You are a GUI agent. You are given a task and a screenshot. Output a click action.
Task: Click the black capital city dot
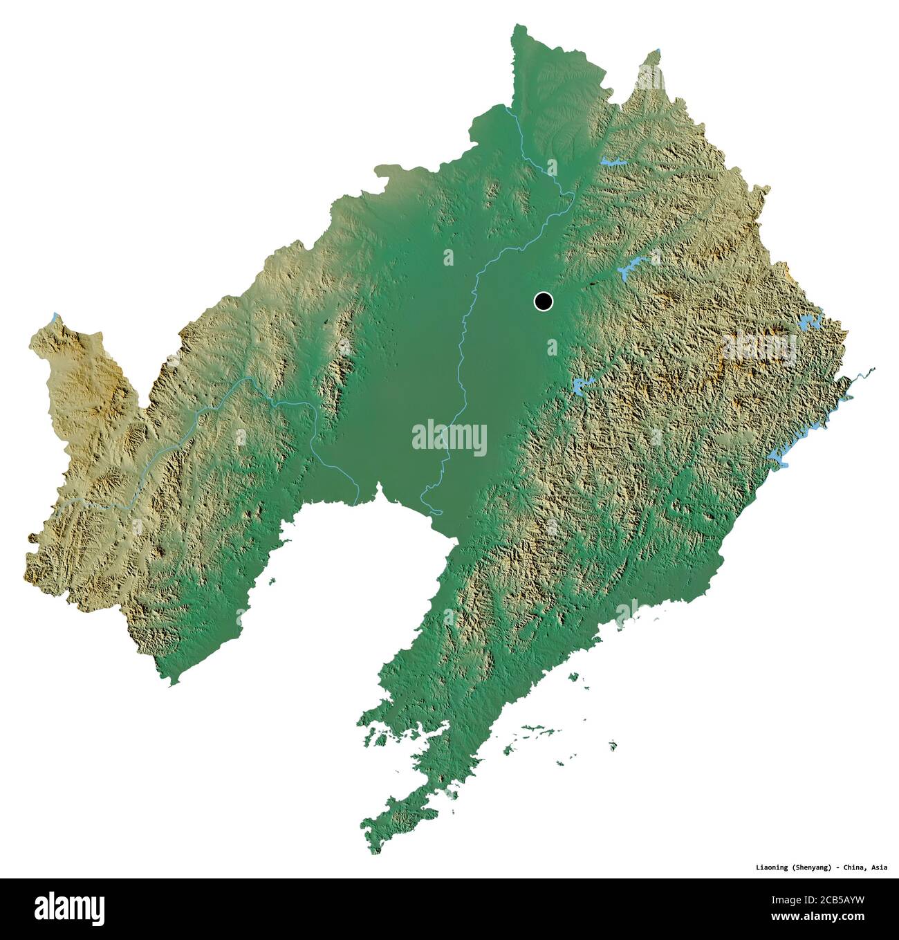(544, 302)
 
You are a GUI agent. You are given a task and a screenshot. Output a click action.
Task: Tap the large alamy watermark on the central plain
(449, 437)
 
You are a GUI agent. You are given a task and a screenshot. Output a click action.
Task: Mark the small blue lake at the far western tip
(54, 318)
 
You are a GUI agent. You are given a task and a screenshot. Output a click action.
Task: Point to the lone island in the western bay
(272, 580)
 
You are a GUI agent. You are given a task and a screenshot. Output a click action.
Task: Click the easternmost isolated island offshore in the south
(613, 745)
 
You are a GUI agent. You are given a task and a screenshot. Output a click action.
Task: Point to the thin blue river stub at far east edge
(864, 373)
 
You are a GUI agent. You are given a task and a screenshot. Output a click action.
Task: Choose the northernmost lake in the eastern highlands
(613, 163)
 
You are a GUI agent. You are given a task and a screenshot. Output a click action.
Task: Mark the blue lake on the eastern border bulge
(809, 322)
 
